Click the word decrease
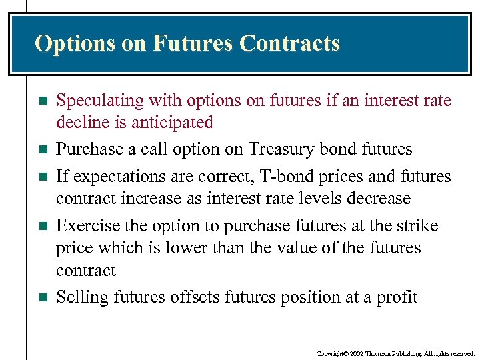(377, 199)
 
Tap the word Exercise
(83, 226)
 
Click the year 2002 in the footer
(354, 353)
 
